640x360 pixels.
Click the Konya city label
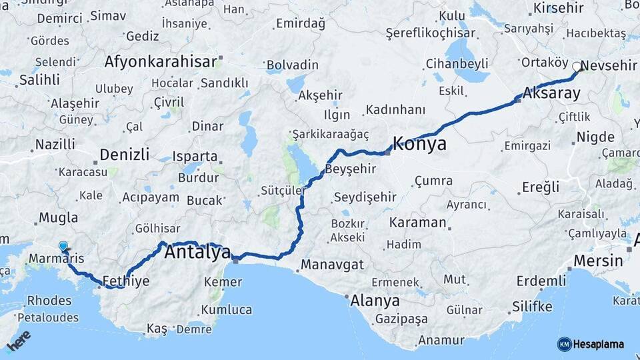(x=419, y=144)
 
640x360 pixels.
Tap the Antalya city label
(x=197, y=252)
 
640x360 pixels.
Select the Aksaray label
(x=552, y=93)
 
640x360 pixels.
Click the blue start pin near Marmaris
(x=63, y=247)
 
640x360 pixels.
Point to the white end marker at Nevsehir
(x=577, y=66)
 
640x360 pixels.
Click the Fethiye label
(x=126, y=281)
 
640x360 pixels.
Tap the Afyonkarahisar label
(x=161, y=62)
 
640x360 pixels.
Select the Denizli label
(x=124, y=155)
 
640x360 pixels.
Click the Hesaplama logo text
(x=599, y=344)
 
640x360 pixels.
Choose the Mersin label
(x=598, y=260)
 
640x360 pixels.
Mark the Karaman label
(x=417, y=222)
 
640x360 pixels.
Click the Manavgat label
(x=332, y=265)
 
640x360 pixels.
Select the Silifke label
(x=532, y=307)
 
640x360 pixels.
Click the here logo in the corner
(x=19, y=341)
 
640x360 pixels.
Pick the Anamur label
(x=441, y=341)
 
